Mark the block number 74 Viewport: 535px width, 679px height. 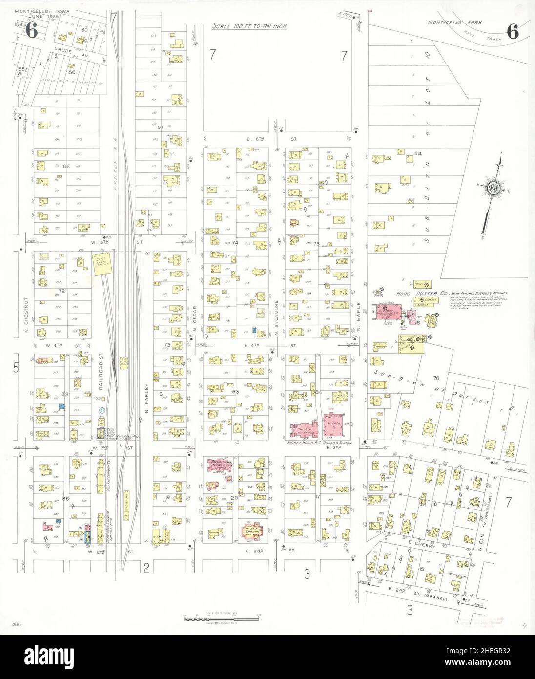235,243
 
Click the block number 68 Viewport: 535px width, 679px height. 65,166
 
